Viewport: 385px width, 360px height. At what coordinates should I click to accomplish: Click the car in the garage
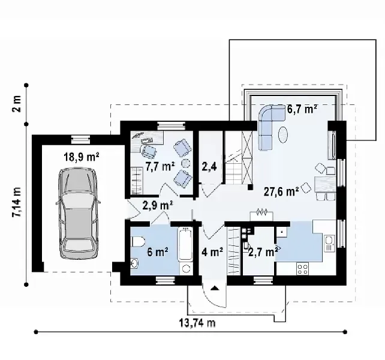click(x=78, y=213)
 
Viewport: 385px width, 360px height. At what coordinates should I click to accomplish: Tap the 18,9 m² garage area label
click(x=82, y=157)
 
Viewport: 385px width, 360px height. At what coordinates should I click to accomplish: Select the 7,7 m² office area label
click(x=160, y=167)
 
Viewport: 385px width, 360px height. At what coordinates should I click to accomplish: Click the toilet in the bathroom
click(x=139, y=241)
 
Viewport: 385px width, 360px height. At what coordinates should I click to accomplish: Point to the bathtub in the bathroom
click(x=185, y=244)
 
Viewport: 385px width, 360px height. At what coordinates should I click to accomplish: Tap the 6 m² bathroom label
click(x=158, y=252)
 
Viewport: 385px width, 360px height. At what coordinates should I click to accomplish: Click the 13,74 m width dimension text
click(x=197, y=323)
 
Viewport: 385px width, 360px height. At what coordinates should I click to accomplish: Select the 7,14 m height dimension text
click(x=17, y=202)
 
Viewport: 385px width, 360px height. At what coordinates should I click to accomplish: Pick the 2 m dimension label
click(x=17, y=103)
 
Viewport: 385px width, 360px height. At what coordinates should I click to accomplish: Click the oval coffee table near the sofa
click(x=283, y=134)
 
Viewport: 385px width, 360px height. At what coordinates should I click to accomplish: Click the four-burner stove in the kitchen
click(x=302, y=269)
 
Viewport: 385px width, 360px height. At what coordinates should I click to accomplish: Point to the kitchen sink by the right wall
click(x=329, y=243)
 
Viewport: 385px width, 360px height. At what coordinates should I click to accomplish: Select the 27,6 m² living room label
click(x=281, y=191)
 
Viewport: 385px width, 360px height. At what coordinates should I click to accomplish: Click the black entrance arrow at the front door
click(x=215, y=288)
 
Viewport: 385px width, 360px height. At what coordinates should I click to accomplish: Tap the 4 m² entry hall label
click(x=212, y=251)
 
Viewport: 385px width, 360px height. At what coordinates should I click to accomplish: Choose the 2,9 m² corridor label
click(x=158, y=205)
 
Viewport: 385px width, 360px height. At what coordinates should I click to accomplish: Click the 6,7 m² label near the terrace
click(x=302, y=109)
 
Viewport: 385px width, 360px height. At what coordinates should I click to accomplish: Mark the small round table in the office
click(x=186, y=163)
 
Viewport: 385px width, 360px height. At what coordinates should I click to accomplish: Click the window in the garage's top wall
click(x=80, y=140)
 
